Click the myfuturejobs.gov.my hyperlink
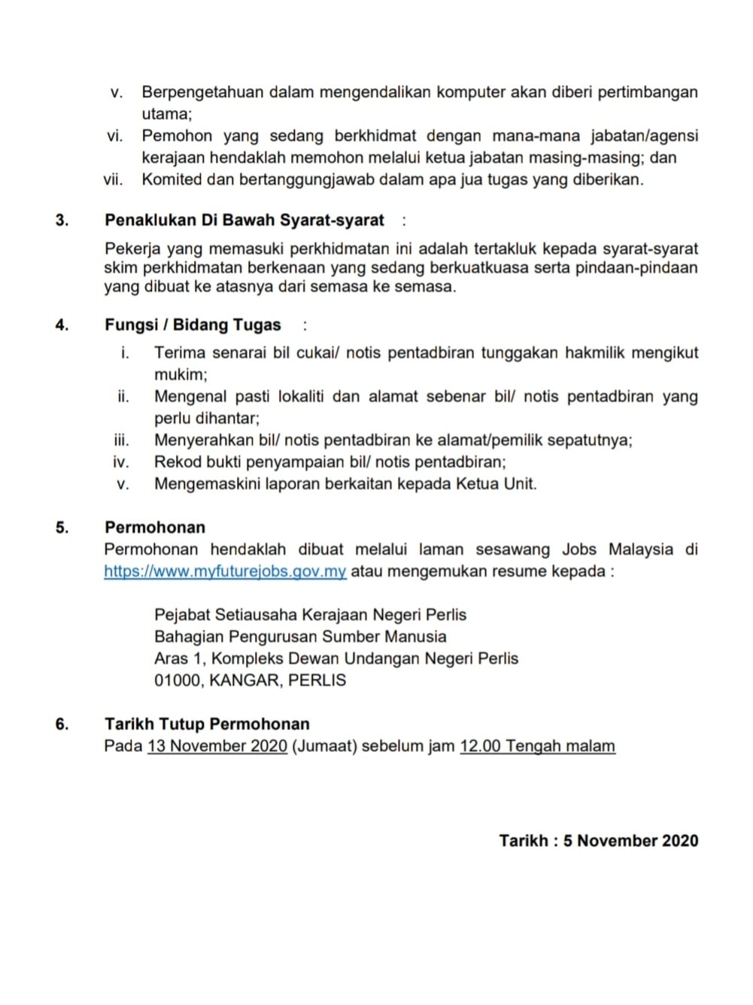tap(225, 571)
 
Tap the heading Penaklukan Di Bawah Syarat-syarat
tap(244, 221)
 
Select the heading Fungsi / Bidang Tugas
tap(193, 325)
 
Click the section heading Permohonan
tap(155, 528)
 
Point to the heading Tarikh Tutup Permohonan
tap(207, 724)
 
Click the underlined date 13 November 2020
tap(217, 746)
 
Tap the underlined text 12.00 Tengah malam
tap(537, 746)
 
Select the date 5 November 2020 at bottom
tap(630, 841)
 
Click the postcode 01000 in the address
tap(177, 681)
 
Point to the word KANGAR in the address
tap(243, 681)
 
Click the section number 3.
tap(62, 221)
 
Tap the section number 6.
tap(62, 724)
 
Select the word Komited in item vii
tap(172, 180)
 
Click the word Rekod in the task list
tap(175, 462)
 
